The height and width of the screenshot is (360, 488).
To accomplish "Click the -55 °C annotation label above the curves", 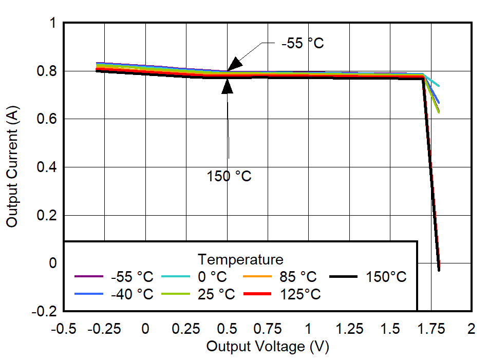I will coord(303,43).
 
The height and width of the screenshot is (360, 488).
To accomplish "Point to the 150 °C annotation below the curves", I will coord(229,176).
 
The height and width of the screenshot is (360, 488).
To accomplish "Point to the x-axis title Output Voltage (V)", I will coord(267,347).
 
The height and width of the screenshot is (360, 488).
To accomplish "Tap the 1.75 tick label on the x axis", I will coord(430,329).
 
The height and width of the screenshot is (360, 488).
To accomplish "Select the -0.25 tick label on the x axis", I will coord(104,329).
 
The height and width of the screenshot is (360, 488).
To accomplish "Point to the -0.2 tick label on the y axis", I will coord(45,312).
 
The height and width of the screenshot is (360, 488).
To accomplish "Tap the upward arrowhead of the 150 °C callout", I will coord(227,85).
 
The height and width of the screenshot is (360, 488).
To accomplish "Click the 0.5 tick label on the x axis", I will coord(227,329).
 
